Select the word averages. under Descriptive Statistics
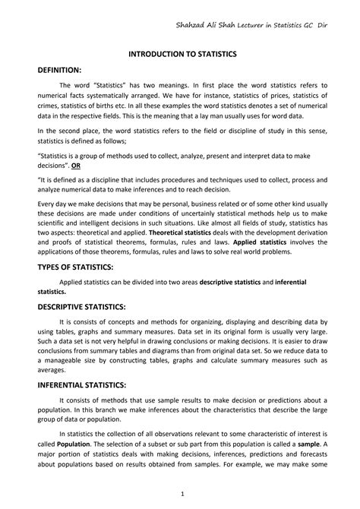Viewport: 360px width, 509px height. pyautogui.click(x=52, y=371)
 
